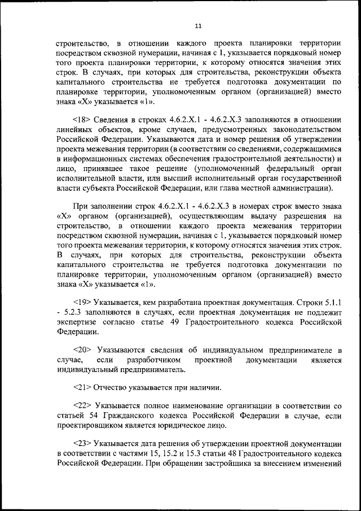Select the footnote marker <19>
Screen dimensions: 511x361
tap(83, 302)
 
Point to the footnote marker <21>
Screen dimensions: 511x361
tap(83, 387)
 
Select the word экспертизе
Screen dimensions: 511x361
tap(77, 321)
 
